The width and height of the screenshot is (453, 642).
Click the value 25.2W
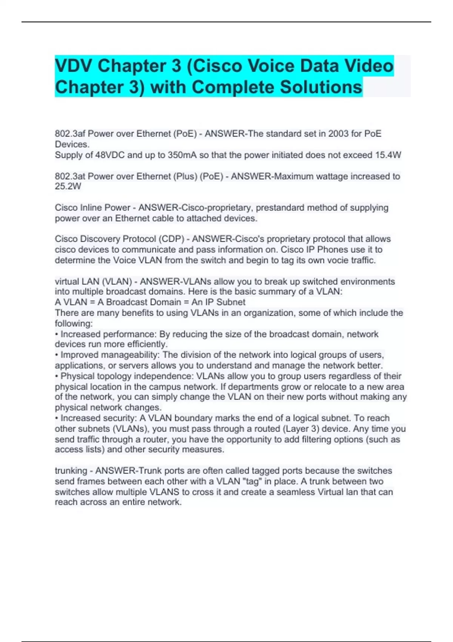pos(68,187)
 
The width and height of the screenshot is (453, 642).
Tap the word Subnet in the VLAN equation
pos(231,302)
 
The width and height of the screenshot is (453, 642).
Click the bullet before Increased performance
pos(57,334)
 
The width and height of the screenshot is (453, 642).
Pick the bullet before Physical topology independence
pos(57,376)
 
